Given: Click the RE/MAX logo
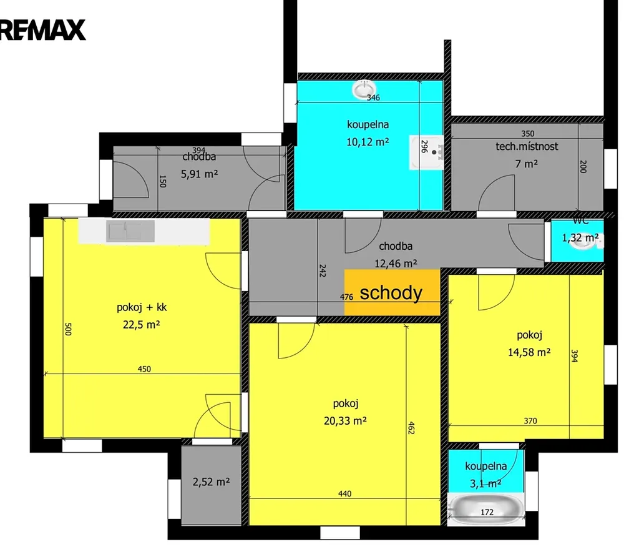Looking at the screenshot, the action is pos(42,30).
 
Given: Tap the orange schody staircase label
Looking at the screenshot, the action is pos(391,293).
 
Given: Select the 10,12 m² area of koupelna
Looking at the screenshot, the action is pos(368,142).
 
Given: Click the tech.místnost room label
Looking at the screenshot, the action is pos(527,146).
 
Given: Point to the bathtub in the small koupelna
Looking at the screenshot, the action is pos(486,509).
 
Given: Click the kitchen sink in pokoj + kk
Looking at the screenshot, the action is pos(130,231).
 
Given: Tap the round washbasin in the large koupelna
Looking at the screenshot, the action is pos(364,90).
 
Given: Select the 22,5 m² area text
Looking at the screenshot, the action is pos(142,325).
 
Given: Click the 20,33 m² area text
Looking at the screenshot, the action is pos(345,421).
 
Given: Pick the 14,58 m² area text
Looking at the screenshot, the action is pos(529,352).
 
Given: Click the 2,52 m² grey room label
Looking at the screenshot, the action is pos(211,482).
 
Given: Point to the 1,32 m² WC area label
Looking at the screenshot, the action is pos(580,237).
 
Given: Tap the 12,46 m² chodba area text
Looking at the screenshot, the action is pos(396,264).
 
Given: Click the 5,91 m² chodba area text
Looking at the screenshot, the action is pos(199,174).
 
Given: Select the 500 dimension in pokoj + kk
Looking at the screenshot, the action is pos(68,329).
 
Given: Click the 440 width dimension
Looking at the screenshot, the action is pos(344,493).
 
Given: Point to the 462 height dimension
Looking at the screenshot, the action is pos(411,428).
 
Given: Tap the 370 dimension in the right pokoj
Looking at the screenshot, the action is pos(530,421).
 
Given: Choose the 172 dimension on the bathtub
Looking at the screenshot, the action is pos(487,512).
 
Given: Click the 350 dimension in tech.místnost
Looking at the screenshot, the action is pos(528,134).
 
